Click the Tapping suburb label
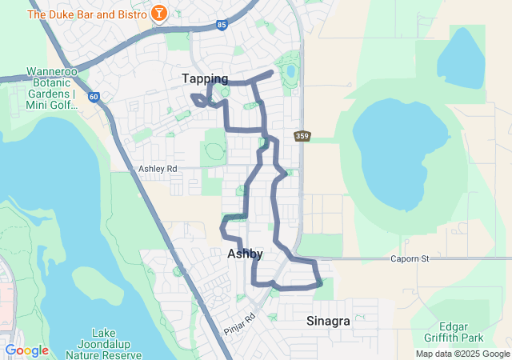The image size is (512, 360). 205,78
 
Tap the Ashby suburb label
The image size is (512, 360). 245,254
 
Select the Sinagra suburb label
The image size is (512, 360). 328,321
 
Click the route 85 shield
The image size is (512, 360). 222,25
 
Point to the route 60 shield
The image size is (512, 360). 94,97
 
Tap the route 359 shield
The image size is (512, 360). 302,136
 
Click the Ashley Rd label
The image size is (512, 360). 157,169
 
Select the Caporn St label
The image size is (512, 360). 410,258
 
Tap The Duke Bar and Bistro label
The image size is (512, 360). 87,14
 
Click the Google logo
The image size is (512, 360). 26,350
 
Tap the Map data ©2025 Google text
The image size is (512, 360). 462,354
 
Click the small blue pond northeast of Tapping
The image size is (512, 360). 290,71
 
